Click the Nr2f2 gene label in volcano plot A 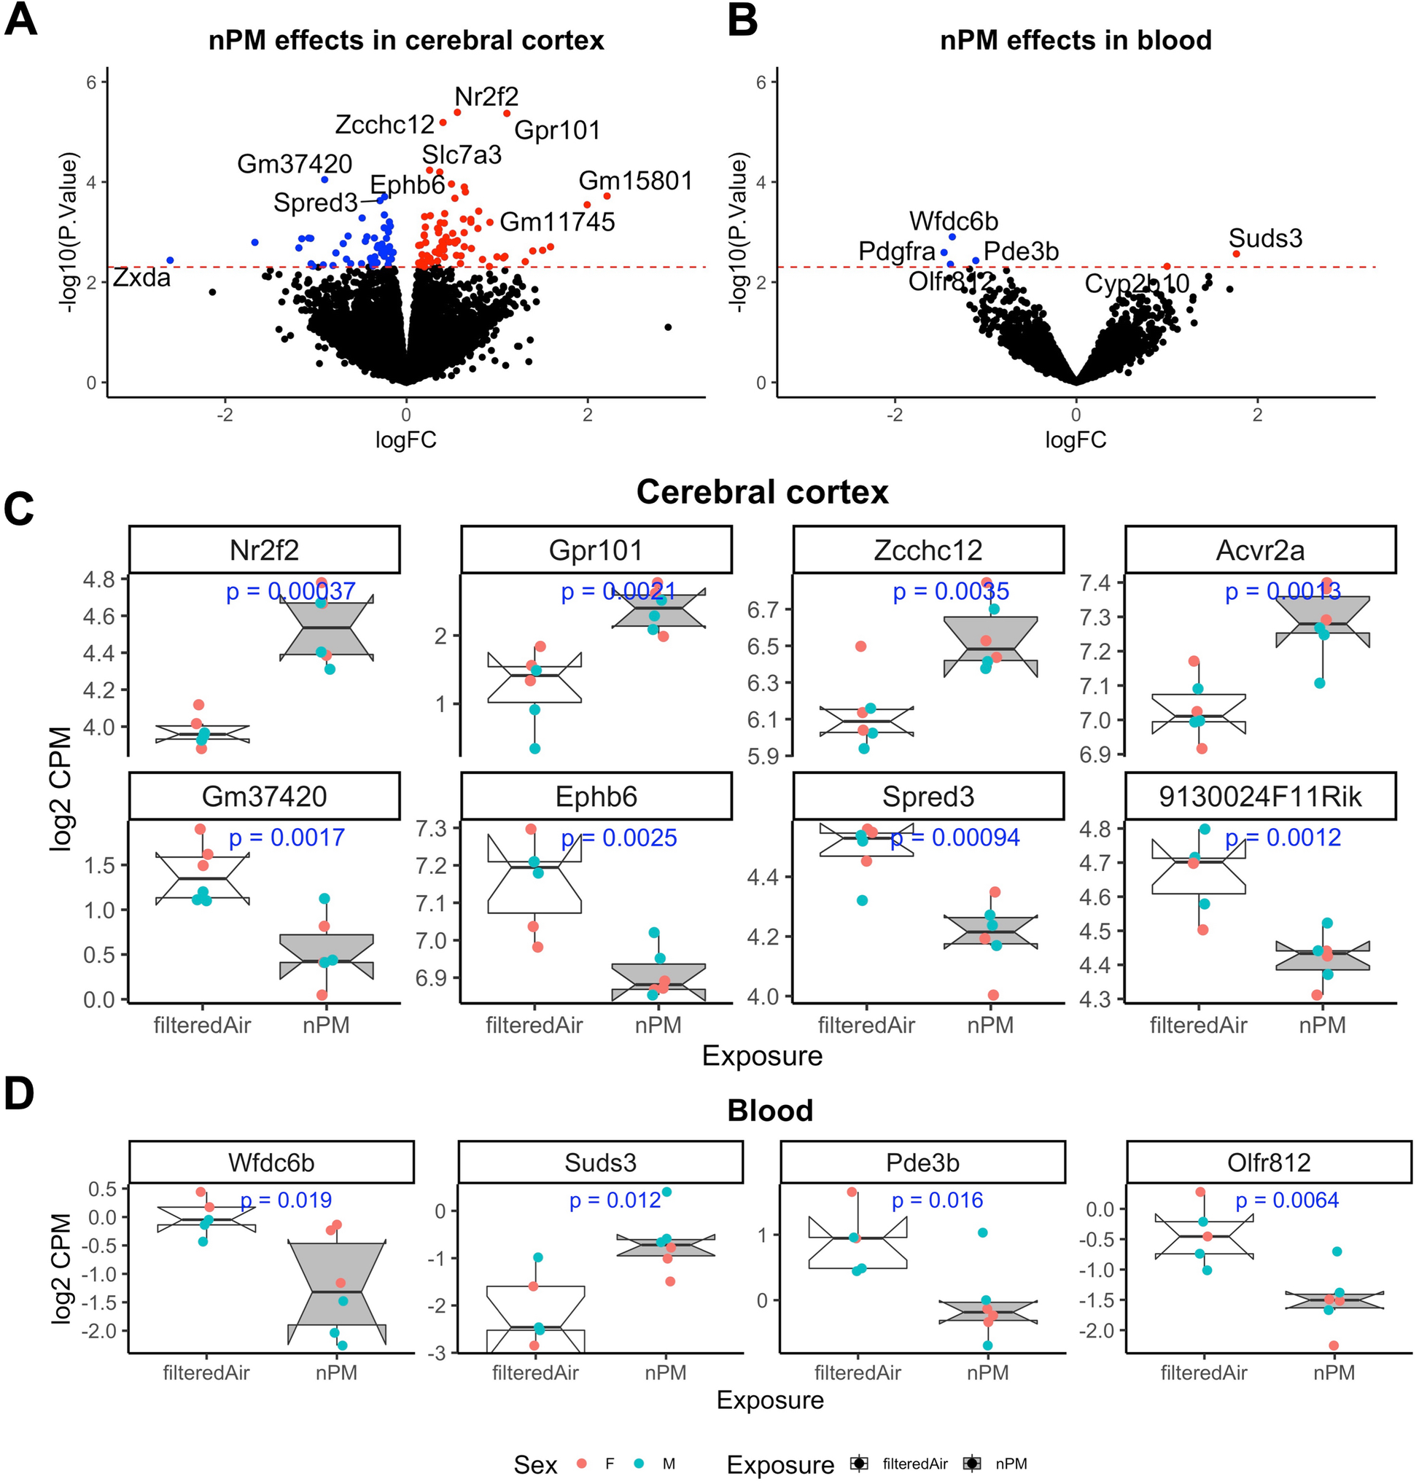point(486,97)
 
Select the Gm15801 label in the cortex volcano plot point(635,181)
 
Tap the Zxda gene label point(141,278)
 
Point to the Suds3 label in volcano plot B point(1265,238)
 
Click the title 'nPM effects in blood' point(1076,40)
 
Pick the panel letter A point(20,20)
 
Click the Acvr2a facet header point(1260,550)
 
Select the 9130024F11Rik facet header point(1260,797)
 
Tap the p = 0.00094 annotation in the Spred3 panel point(955,837)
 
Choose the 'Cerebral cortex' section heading point(762,492)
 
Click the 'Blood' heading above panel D point(770,1111)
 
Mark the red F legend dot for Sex point(582,1464)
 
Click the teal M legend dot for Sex point(640,1464)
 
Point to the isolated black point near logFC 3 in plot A point(668,327)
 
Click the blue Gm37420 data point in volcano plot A point(324,180)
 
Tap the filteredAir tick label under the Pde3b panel point(858,1372)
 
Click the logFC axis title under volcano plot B point(1076,440)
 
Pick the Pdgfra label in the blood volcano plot point(897,251)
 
